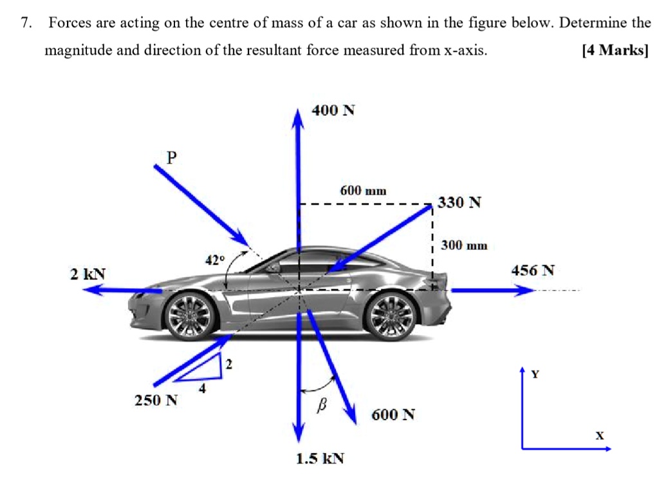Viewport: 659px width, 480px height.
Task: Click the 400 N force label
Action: tap(333, 110)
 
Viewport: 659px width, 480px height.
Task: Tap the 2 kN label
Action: tap(88, 274)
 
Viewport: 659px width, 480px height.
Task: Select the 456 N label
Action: tap(532, 270)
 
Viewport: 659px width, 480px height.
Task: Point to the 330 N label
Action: tap(459, 203)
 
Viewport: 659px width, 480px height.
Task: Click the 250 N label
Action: tap(156, 401)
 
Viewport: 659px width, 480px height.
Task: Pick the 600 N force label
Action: tap(393, 414)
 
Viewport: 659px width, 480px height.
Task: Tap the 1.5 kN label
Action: tap(320, 459)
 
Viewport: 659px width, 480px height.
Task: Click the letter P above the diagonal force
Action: tap(171, 157)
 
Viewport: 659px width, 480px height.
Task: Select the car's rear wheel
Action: tap(390, 316)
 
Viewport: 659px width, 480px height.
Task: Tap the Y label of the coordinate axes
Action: tap(535, 373)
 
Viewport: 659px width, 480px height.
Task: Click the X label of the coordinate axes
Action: tap(599, 436)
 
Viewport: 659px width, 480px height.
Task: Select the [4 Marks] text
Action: tap(614, 50)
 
